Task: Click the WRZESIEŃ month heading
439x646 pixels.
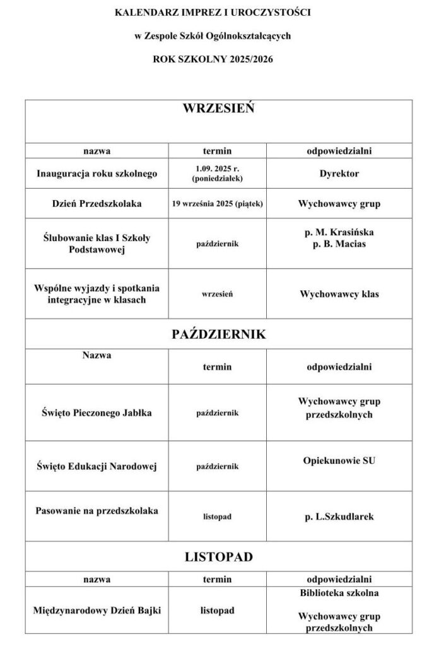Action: (218, 109)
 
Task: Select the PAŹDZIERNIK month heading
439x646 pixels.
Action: (218, 334)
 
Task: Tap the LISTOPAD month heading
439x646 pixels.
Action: (218, 557)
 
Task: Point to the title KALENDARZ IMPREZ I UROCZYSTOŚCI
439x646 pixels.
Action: (213, 12)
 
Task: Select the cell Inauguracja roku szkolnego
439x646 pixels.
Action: (97, 173)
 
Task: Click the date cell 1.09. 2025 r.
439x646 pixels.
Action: (217, 168)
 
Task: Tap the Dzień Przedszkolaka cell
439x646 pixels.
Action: (97, 204)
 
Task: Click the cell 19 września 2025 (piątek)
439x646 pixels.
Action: (217, 204)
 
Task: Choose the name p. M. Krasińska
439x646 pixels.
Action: (339, 233)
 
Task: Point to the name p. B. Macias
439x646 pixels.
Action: (339, 244)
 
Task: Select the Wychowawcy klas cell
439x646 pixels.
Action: (339, 294)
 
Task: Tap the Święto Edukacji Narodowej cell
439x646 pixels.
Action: (97, 466)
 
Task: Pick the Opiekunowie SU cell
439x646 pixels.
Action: (339, 461)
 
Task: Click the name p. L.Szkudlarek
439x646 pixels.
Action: (339, 517)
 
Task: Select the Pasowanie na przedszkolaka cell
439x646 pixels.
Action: (97, 510)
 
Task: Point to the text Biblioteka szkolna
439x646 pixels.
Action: (339, 593)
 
